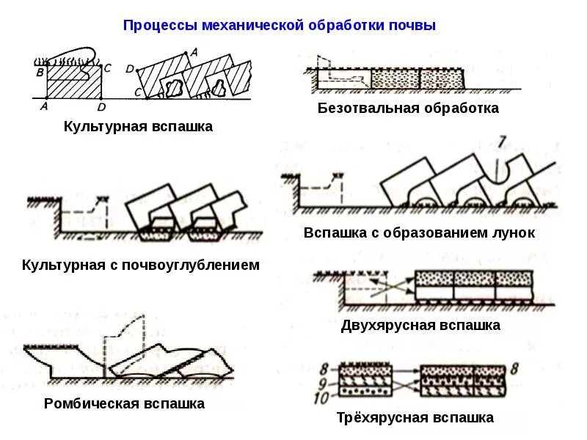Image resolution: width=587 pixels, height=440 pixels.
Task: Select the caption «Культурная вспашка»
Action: point(138,127)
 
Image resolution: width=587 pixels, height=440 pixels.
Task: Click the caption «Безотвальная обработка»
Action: point(408,109)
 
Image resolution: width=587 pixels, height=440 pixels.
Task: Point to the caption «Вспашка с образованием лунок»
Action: point(419,233)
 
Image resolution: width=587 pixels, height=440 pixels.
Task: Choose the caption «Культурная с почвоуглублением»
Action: point(141,265)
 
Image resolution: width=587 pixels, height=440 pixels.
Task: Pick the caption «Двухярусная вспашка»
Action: point(420,325)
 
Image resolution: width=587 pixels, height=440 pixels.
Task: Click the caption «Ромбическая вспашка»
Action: point(124,404)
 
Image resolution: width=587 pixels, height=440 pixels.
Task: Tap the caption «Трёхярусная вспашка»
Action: point(415,418)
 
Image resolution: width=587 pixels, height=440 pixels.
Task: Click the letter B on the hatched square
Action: point(40,72)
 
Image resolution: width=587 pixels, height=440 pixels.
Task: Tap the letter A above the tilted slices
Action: point(194,52)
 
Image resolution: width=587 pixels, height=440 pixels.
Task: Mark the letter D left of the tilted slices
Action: point(129,68)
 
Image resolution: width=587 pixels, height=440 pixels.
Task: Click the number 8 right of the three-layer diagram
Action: point(514,369)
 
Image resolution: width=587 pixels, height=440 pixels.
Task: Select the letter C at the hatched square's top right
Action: point(107,68)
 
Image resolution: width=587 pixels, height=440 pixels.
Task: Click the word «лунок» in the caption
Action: point(514,233)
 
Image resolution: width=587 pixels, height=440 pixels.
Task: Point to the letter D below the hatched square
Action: point(101,107)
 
